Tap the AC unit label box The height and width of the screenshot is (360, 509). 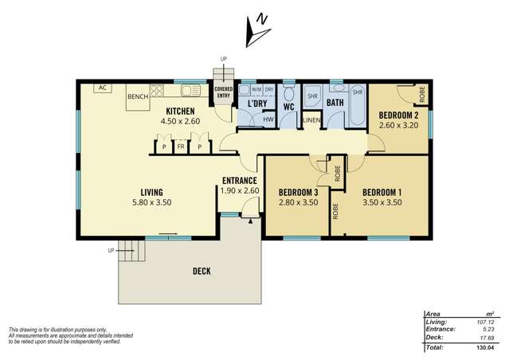(x=103, y=88)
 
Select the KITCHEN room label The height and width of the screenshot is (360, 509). (x=181, y=111)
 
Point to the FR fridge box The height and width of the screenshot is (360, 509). (x=181, y=147)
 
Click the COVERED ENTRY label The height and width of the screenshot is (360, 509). (x=223, y=92)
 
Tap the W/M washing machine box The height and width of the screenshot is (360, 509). (x=246, y=89)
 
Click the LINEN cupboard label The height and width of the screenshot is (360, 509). (x=311, y=120)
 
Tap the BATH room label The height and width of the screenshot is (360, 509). (x=335, y=103)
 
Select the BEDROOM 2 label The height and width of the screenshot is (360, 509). (x=399, y=114)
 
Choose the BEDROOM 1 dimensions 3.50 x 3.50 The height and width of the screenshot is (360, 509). (x=382, y=202)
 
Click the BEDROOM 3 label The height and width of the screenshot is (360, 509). (x=299, y=192)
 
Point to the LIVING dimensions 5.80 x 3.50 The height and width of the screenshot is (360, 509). (x=151, y=202)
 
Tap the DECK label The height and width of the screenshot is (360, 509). (x=202, y=272)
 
